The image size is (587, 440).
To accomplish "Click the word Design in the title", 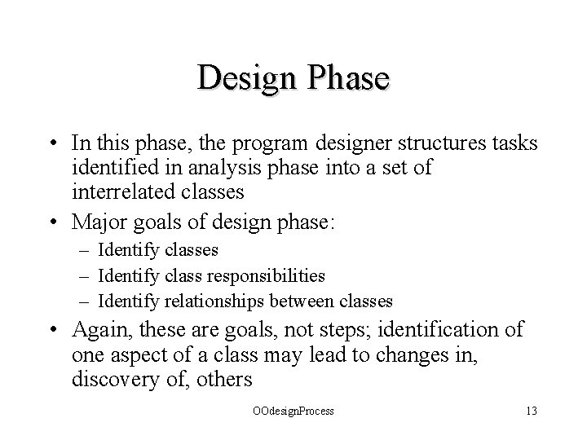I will tap(248, 78).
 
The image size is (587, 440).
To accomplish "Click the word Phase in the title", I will tap(347, 78).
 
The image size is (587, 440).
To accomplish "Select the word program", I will tap(255, 143).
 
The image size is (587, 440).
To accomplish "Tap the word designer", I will tap(333, 143).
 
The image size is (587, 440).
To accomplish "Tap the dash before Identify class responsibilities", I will tap(87, 276).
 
